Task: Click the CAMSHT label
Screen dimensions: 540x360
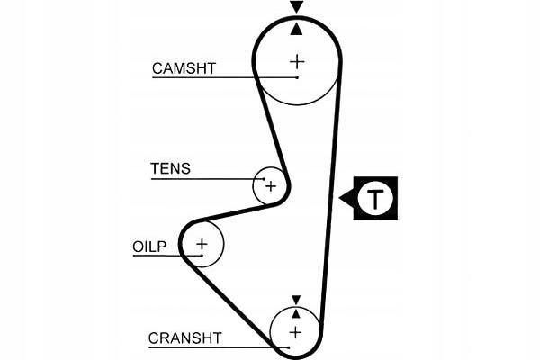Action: (x=184, y=68)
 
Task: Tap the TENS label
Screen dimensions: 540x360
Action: (x=170, y=168)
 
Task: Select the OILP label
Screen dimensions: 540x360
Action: (x=149, y=247)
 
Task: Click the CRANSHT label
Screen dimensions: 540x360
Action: (x=184, y=338)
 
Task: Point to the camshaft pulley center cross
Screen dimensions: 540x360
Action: (x=297, y=62)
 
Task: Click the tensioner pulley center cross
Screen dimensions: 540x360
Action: (x=271, y=186)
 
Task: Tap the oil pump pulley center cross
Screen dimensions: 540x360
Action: (x=202, y=244)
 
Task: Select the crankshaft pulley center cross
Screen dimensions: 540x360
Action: (x=295, y=333)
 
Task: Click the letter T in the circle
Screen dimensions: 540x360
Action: (x=375, y=198)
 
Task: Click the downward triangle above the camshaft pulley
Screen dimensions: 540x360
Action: (x=296, y=6)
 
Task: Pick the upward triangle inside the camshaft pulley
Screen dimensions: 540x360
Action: (x=296, y=29)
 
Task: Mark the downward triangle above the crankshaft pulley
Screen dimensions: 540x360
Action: (x=296, y=300)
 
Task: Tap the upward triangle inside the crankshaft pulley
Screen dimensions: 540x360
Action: (x=296, y=313)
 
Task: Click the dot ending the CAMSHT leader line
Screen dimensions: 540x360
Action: (x=297, y=78)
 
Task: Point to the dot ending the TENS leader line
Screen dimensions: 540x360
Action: (x=264, y=179)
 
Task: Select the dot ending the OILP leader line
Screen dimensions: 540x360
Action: (x=202, y=256)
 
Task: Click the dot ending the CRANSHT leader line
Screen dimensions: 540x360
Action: (x=289, y=347)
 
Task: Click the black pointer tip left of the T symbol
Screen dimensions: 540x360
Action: (x=339, y=198)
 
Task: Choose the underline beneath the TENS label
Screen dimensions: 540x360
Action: (x=208, y=179)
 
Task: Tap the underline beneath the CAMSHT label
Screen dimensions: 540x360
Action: (x=225, y=78)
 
